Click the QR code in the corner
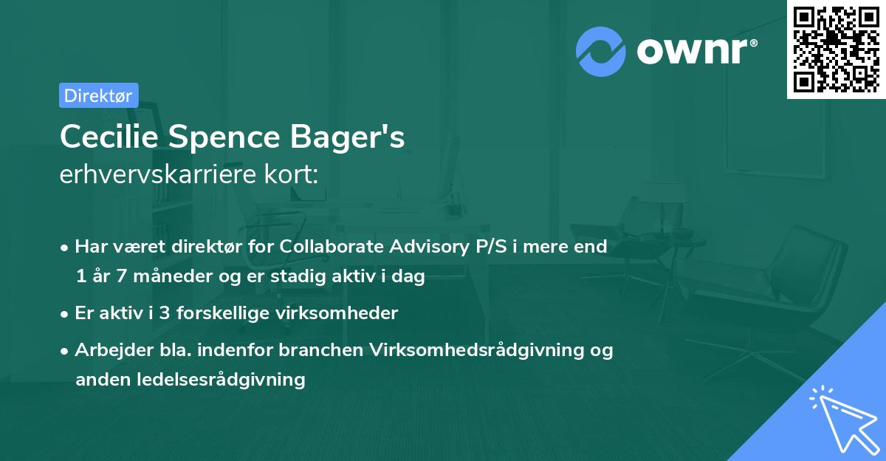coord(837,49)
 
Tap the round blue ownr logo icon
coord(601,52)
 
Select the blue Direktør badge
coord(98,95)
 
